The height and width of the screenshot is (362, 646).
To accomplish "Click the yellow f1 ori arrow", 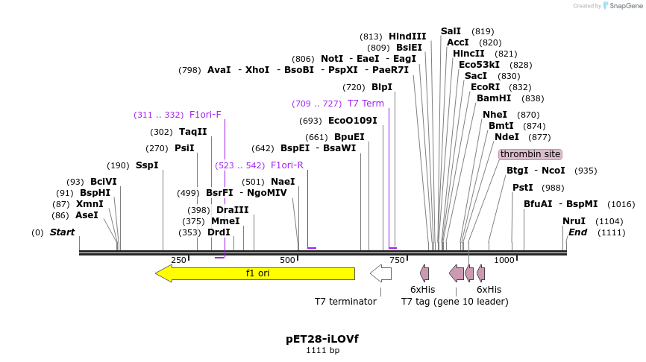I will pyautogui.click(x=254, y=273).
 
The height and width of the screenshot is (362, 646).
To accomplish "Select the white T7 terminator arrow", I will pyautogui.click(x=380, y=273).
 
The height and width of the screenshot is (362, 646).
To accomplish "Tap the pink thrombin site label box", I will pyautogui.click(x=530, y=154).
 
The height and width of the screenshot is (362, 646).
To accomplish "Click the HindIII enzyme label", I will pyautogui.click(x=407, y=36).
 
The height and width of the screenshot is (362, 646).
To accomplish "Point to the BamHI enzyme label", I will pyautogui.click(x=494, y=98).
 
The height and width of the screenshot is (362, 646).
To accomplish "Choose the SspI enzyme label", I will pyautogui.click(x=147, y=165).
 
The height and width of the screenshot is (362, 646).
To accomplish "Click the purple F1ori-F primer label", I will pyautogui.click(x=205, y=115).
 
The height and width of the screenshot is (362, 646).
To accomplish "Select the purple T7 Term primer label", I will pyautogui.click(x=366, y=104).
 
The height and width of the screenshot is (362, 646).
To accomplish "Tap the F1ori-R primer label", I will pyautogui.click(x=287, y=165).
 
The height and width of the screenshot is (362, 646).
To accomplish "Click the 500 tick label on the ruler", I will pyautogui.click(x=288, y=260).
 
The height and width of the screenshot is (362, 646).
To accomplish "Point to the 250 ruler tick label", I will pyautogui.click(x=178, y=260).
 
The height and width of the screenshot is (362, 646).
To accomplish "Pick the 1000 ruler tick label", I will pyautogui.click(x=505, y=260).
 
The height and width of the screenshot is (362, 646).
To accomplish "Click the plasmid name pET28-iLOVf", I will pyautogui.click(x=322, y=339).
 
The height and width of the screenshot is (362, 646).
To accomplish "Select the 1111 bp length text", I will pyautogui.click(x=322, y=350).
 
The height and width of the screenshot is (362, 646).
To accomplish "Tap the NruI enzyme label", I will pyautogui.click(x=574, y=221).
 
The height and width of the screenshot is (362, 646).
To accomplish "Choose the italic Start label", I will pyautogui.click(x=62, y=232).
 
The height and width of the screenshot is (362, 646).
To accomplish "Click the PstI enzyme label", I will pyautogui.click(x=523, y=188).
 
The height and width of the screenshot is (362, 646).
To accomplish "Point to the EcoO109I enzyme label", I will pyautogui.click(x=353, y=121).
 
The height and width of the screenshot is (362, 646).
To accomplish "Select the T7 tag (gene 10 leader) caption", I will pyautogui.click(x=454, y=302).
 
